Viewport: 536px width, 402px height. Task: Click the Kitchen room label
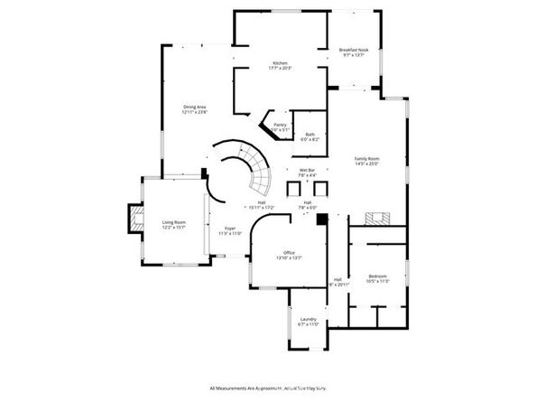point(281,66)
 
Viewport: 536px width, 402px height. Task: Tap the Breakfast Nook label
point(355,52)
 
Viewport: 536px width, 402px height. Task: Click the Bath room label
point(310,137)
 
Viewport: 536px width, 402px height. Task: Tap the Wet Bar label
point(307,173)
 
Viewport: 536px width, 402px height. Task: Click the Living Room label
point(173,224)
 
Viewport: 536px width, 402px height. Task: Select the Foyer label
point(230,231)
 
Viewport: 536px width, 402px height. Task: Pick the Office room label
point(289,255)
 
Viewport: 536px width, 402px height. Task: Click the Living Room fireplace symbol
point(136,219)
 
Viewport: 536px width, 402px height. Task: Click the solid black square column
point(321,217)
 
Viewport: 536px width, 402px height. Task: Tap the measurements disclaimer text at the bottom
point(269,388)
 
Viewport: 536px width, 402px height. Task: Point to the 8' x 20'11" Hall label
point(337,282)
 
